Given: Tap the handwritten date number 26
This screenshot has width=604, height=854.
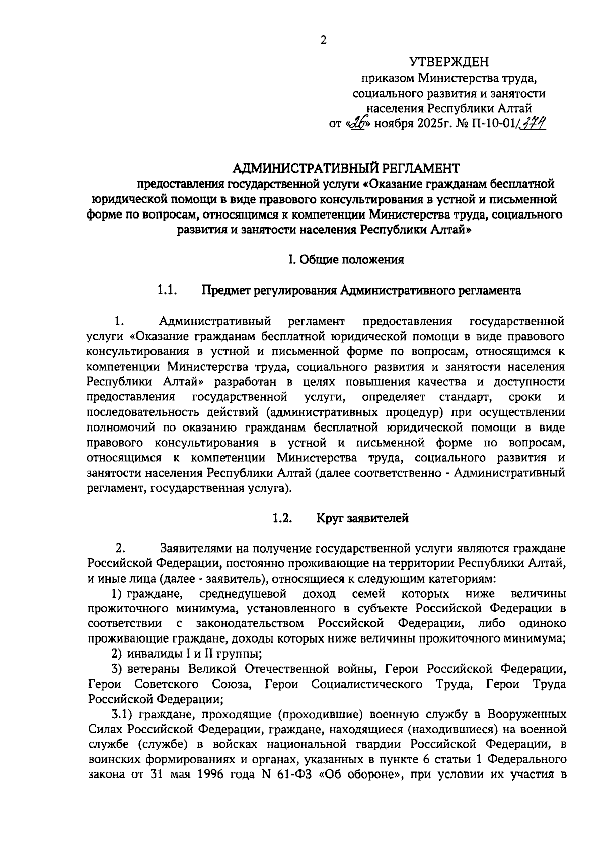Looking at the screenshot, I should coord(360,123).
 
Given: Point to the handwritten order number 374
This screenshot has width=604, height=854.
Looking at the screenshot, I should coord(532,123).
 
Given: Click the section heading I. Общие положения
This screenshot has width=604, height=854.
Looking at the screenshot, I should coord(346,260).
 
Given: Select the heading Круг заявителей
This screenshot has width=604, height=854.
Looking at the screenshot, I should coord(362,518).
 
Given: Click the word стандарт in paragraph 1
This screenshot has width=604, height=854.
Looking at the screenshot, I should coord(465,397).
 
